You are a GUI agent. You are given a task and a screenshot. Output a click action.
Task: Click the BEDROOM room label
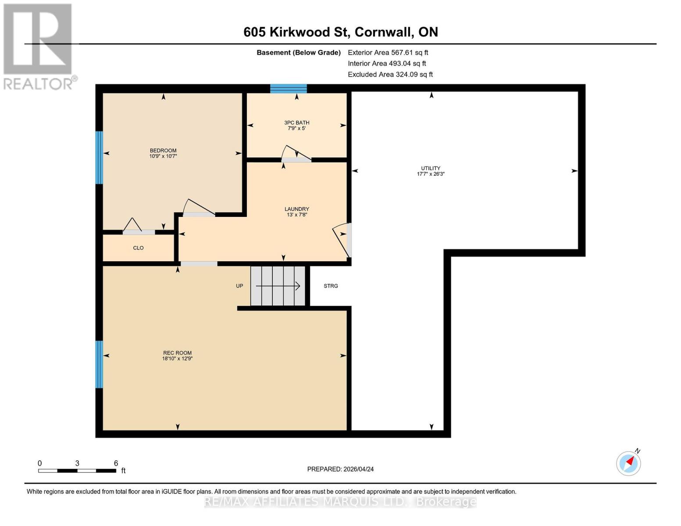coord(163,153)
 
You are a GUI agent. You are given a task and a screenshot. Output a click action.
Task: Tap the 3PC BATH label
coord(296,125)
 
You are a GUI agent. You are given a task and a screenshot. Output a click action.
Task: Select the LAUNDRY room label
coord(296,212)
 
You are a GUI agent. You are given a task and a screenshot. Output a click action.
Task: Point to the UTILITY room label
coord(431,171)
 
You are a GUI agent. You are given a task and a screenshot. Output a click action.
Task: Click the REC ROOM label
coord(177,355)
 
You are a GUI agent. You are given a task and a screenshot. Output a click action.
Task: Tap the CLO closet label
coord(138,248)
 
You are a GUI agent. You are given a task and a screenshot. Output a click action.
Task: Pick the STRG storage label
coord(331,286)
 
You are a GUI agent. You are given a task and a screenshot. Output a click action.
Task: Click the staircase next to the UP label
coord(278,286)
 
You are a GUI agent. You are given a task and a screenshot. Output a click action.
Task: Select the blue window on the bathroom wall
coord(288,89)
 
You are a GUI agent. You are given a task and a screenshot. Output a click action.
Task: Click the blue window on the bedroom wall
coord(99,157)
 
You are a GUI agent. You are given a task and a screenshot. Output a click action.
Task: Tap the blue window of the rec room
coord(99,364)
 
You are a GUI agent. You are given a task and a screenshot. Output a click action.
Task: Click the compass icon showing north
coord(628,463)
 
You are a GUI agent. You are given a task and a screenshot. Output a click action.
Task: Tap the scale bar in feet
coord(77,470)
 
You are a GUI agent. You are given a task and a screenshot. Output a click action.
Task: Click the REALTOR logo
coord(39,46)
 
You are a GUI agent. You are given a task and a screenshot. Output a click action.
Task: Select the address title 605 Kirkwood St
coord(340,32)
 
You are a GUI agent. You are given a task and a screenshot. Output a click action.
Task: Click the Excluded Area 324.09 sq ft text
coord(390,75)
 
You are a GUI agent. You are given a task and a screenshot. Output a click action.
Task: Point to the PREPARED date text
coord(340,469)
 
